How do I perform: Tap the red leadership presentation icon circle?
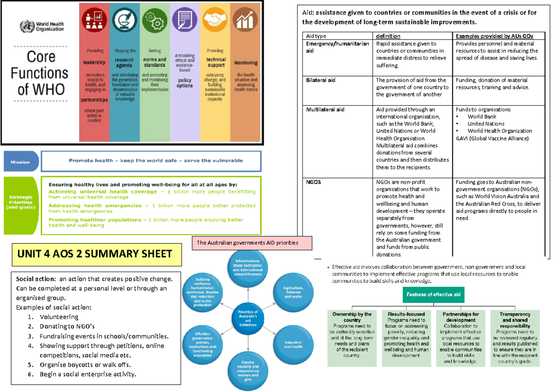point(95,21)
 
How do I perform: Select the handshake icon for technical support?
point(215,21)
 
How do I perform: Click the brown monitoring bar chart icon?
point(245,21)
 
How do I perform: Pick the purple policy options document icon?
point(185,21)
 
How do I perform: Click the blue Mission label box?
point(20,162)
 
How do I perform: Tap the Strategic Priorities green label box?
point(20,205)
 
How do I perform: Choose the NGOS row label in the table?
point(314,182)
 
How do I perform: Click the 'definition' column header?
point(388,36)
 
